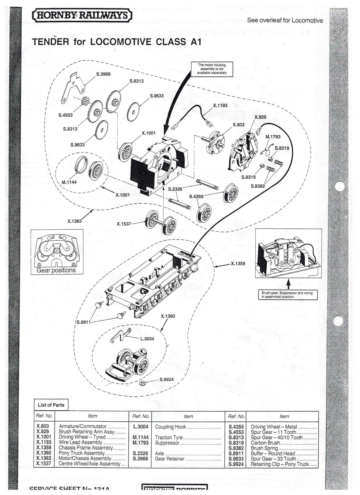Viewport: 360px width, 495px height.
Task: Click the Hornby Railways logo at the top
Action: tap(82, 15)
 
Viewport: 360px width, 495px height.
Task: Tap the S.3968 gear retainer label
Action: tap(103, 74)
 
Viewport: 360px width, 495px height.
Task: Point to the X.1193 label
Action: tap(220, 105)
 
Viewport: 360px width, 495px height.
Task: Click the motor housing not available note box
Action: tap(212, 69)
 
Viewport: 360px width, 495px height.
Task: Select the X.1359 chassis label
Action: tap(238, 264)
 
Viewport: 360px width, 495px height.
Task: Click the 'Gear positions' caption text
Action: tap(56, 270)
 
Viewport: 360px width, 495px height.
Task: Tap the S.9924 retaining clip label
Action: tap(167, 379)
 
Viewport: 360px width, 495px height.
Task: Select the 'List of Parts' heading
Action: tap(51, 405)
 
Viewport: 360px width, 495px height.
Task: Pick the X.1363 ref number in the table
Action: tap(44, 458)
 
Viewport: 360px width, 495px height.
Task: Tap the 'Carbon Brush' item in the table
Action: tap(265, 443)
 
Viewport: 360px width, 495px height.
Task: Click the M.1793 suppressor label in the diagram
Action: tap(273, 136)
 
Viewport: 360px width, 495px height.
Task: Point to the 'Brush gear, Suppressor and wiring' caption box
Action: tap(287, 295)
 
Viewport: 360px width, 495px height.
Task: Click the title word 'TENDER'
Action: tap(50, 42)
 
